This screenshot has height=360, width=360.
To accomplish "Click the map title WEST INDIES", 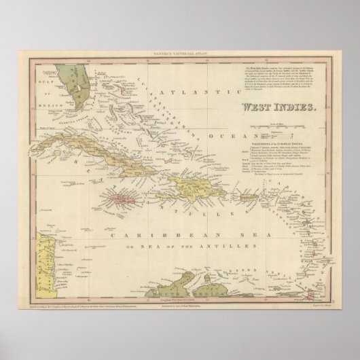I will click(x=278, y=107).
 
